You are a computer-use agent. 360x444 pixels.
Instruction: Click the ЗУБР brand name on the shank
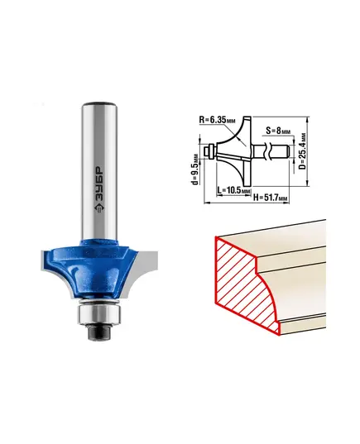coord(99,184)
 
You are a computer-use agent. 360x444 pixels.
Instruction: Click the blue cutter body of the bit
coord(96,269)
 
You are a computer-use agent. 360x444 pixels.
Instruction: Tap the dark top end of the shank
coord(99,104)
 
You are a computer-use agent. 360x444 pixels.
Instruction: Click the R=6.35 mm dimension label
coord(217,120)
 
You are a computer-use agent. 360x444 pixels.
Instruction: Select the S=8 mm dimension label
coord(278,131)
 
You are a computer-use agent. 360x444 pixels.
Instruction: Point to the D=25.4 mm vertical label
coord(302,151)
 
